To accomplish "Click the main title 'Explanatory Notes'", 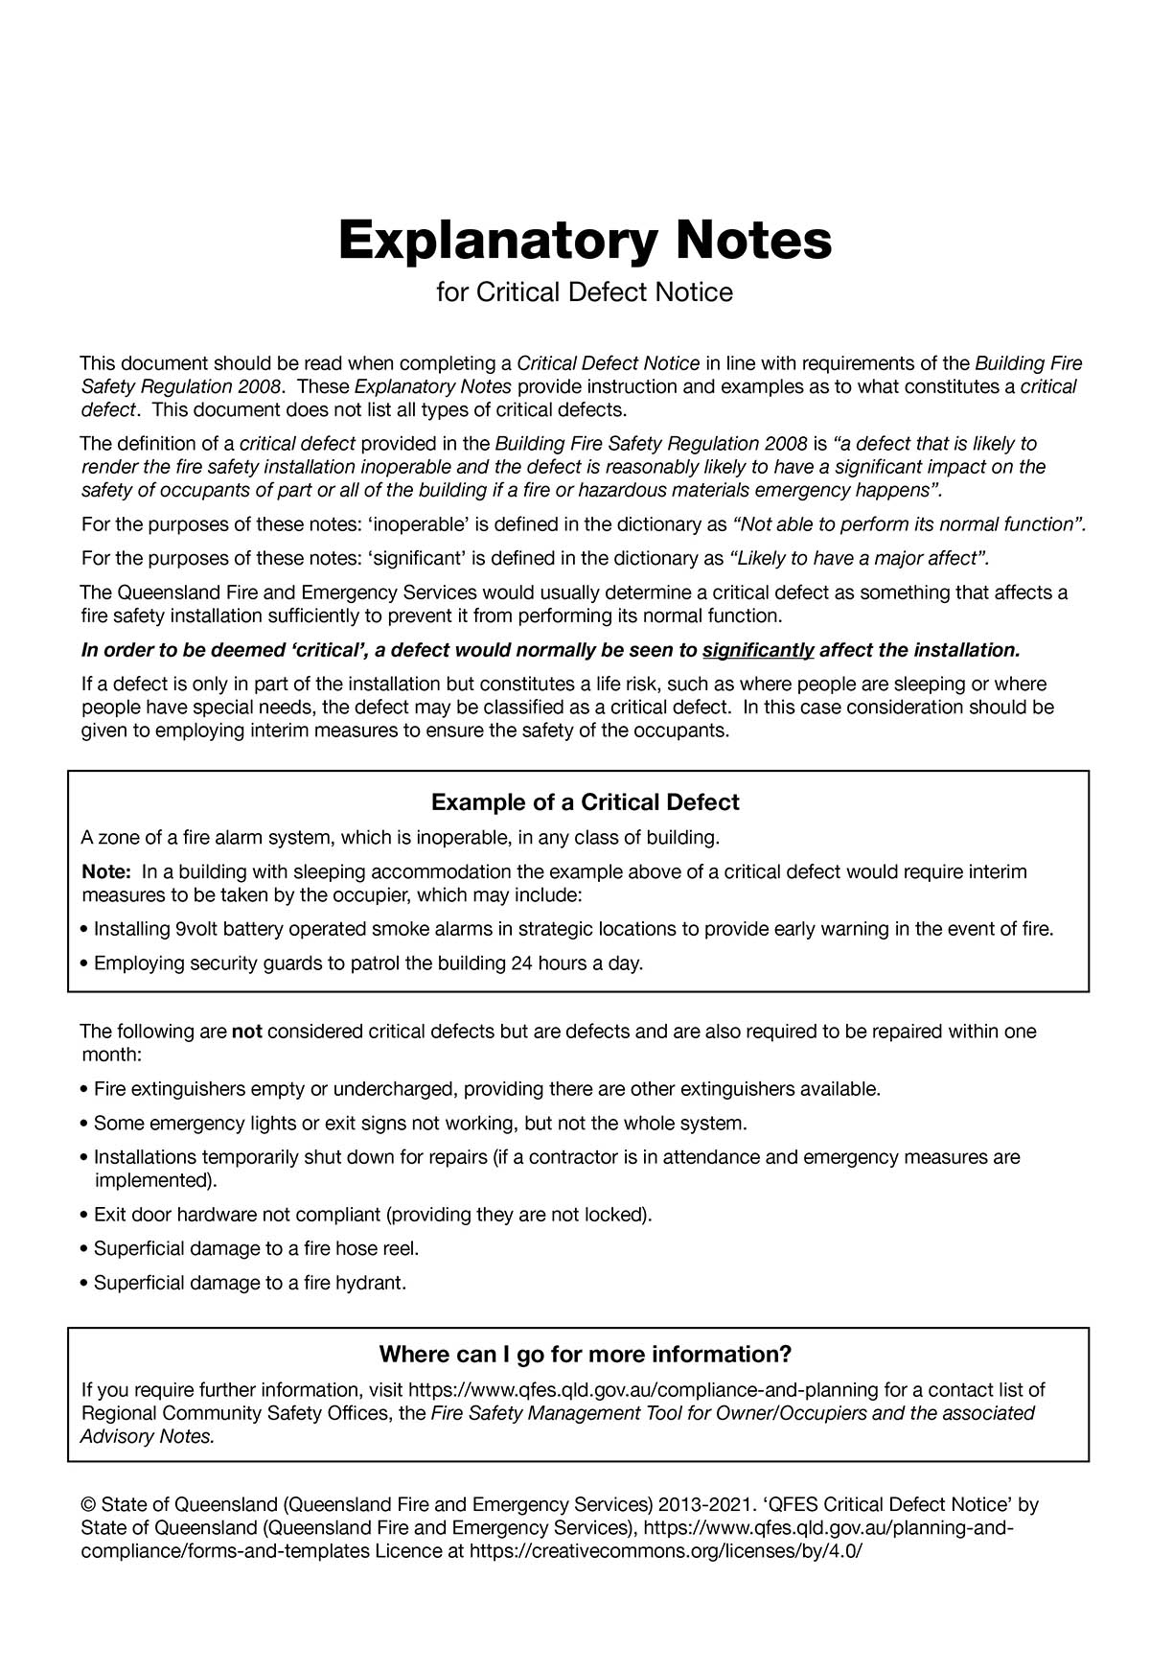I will click(585, 241).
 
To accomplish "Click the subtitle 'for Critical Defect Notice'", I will click(585, 292).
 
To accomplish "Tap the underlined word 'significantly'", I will click(758, 651).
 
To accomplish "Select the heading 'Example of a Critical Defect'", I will click(585, 801).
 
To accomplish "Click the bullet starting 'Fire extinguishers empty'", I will click(479, 1090).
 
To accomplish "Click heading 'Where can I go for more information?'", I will click(585, 1355).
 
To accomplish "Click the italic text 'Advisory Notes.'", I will click(148, 1437).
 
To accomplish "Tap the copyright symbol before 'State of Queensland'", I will click(88, 1505).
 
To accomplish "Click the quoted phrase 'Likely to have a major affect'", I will click(858, 559).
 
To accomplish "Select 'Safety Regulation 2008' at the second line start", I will click(181, 387).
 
